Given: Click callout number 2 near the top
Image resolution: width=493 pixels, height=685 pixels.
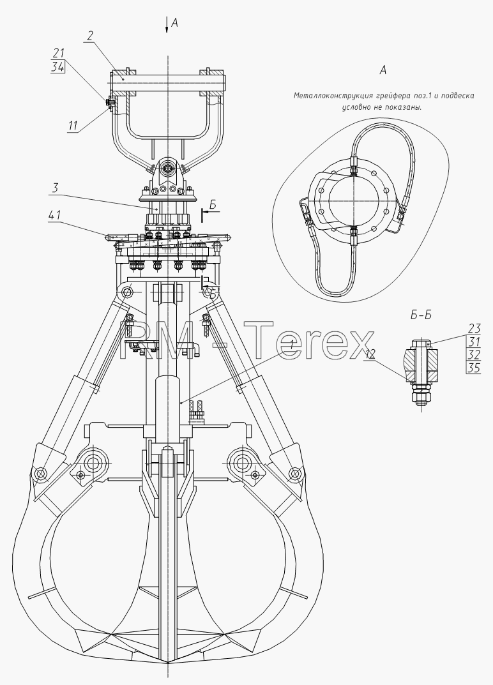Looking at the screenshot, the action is pos(89,36).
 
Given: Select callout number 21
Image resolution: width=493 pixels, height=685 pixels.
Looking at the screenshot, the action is pos(58,53).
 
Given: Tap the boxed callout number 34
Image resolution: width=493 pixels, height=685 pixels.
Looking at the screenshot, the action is pos(58,67).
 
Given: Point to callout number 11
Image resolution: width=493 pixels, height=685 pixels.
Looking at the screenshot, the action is pos(73,126).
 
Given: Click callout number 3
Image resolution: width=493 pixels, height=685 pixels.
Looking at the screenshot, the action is pos(55,189).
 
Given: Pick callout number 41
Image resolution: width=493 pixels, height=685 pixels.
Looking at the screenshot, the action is pos(54,215).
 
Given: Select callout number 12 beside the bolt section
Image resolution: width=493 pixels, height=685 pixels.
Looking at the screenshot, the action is pos(370,354).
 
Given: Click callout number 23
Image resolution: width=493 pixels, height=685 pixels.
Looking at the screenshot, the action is pos(474,328).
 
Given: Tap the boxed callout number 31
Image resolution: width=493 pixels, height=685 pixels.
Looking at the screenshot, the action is pos(474,341).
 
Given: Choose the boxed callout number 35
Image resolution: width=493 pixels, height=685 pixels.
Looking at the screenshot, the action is pos(474,368).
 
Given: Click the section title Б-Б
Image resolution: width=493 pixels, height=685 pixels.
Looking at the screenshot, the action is pos(421,315).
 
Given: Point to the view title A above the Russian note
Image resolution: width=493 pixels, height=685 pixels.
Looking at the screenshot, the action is pos(383,70).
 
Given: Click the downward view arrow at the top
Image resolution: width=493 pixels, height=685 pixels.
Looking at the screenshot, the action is pos(167,24).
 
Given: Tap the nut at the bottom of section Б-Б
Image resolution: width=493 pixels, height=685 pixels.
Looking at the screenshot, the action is pos(420,396).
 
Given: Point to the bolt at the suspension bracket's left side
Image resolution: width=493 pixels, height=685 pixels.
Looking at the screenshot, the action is pos(109,103).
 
